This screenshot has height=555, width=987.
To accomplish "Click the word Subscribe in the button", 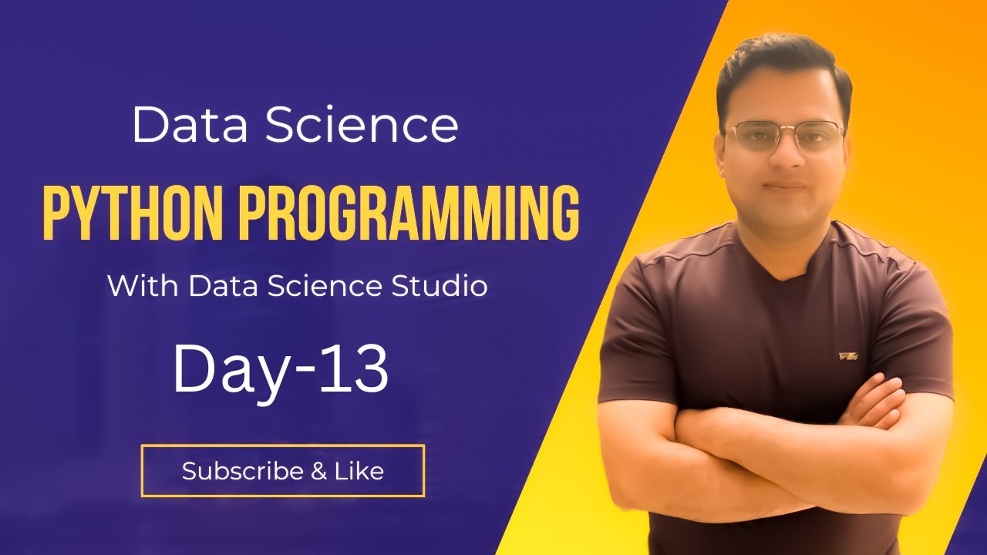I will coord(242,471).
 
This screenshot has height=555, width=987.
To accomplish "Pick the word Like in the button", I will coord(359,471).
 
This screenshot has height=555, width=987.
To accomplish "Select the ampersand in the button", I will coord(318,471).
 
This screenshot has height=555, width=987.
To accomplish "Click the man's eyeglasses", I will coord(785,137).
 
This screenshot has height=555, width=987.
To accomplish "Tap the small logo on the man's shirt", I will coord(848,356).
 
